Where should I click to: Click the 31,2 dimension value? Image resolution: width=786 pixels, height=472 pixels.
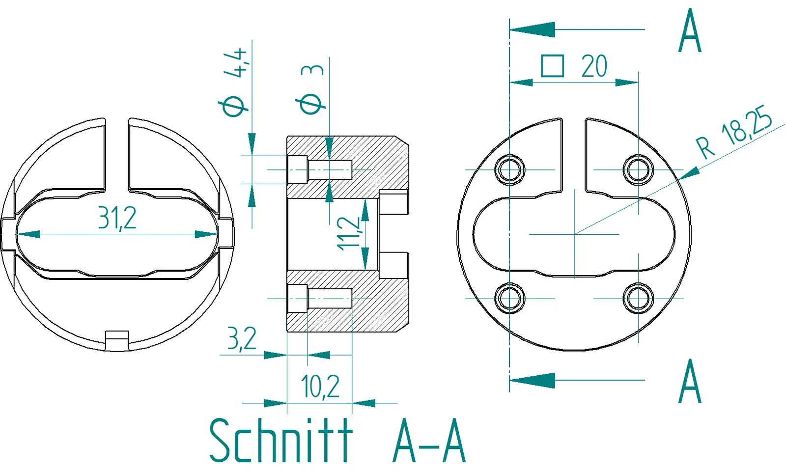(117, 218)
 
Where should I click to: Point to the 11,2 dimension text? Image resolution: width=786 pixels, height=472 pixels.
(349, 233)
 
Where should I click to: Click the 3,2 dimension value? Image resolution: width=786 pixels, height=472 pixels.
(242, 339)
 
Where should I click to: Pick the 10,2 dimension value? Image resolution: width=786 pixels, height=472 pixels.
(320, 387)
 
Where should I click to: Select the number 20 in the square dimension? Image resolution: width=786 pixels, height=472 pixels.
(594, 66)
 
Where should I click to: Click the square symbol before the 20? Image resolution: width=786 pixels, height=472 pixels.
(552, 66)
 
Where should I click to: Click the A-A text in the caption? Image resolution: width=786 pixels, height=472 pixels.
(429, 441)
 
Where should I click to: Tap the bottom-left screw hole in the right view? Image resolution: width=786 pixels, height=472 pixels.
(510, 298)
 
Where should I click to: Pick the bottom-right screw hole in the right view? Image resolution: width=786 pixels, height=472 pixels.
(638, 298)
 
